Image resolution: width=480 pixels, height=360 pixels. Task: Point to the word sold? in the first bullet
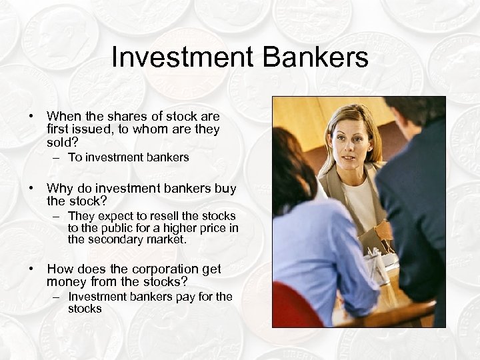[x=63, y=142]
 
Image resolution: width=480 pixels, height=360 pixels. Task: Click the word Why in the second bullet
[x=58, y=189]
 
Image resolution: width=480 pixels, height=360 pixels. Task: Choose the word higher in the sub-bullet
[x=177, y=228]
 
